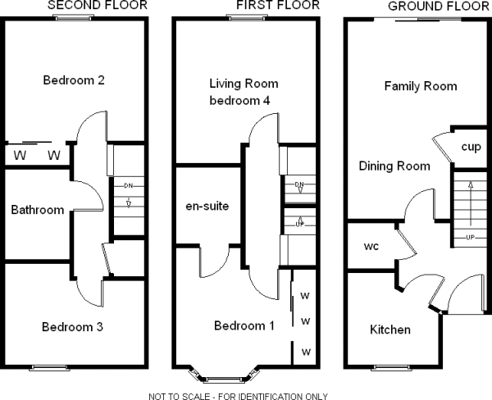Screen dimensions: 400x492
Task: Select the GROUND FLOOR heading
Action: (430, 6)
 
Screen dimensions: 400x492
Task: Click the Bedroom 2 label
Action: (73, 80)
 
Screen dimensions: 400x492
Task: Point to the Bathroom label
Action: (37, 210)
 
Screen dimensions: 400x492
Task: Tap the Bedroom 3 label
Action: (72, 327)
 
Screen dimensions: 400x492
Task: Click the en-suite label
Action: (207, 206)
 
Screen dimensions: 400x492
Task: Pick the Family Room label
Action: (420, 86)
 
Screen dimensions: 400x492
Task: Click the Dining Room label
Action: (394, 166)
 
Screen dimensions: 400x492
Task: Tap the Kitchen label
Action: (390, 330)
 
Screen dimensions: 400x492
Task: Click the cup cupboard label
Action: (471, 148)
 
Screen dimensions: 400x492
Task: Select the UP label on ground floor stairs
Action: (470, 237)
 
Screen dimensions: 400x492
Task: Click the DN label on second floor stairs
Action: (128, 186)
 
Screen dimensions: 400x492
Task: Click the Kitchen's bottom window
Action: (394, 366)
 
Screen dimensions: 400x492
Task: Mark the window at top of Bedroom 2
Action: (74, 17)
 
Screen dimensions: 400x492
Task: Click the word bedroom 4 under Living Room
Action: (244, 100)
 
